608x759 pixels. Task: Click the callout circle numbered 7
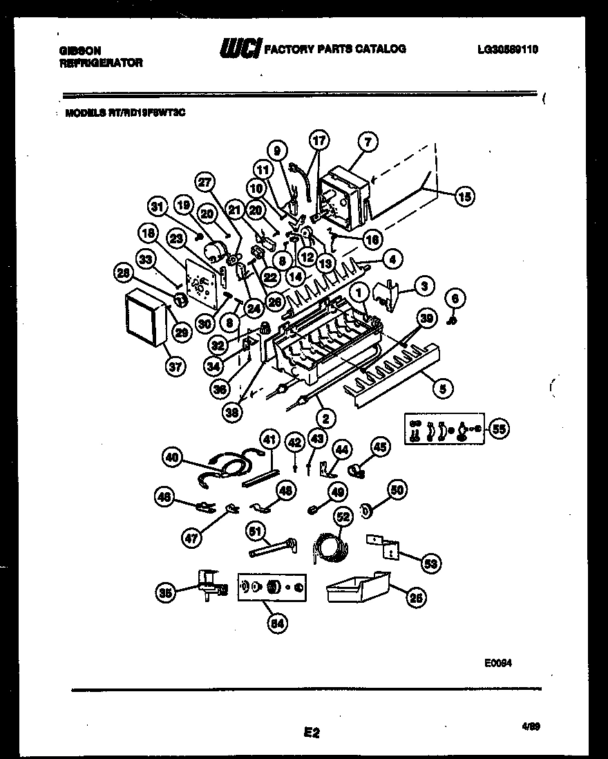(x=368, y=142)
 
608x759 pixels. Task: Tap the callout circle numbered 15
(x=465, y=197)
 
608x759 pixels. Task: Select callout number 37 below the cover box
(x=175, y=366)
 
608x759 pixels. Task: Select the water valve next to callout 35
(x=207, y=586)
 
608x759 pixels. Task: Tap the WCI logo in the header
(x=239, y=49)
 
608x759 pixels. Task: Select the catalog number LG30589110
(x=508, y=49)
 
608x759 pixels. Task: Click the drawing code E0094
(x=498, y=662)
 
